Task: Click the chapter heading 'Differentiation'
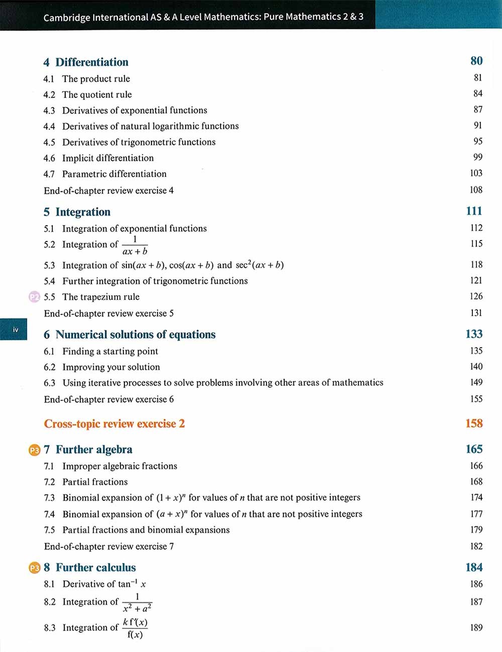[92, 62]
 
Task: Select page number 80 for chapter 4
[476, 61]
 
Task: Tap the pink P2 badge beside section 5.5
[34, 297]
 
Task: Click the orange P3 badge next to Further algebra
[34, 450]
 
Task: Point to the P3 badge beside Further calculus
[34, 568]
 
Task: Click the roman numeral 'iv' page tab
[16, 330]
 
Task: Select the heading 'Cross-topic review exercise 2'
[114, 424]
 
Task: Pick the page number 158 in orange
[474, 423]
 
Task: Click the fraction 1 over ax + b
[135, 245]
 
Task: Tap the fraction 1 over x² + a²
[137, 602]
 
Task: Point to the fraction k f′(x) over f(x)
[135, 628]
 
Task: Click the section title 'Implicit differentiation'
[108, 158]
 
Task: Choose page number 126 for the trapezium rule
[476, 296]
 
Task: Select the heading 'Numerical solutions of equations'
[136, 335]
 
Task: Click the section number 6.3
[49, 383]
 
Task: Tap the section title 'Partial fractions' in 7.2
[95, 482]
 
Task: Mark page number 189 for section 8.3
[476, 627]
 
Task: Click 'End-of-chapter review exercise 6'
[109, 399]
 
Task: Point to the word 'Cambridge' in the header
[66, 18]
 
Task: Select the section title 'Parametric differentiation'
[114, 174]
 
